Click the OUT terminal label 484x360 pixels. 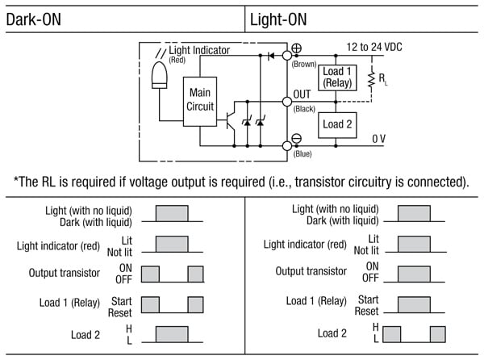click(302, 94)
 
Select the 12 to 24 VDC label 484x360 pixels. click(373, 47)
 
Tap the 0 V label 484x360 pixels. click(378, 139)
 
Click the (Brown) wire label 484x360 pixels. click(304, 62)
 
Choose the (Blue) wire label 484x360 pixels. click(302, 153)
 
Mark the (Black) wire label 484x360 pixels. click(303, 107)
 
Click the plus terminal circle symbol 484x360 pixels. click(296, 48)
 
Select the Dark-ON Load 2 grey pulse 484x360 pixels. click(172, 333)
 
